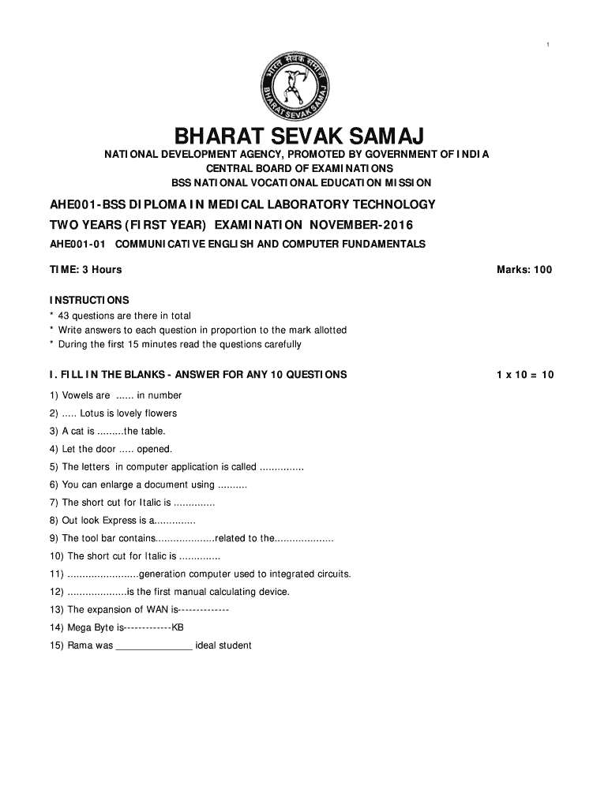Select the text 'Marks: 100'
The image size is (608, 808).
524,270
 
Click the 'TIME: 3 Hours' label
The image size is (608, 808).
85,270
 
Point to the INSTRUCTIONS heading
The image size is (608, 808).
89,301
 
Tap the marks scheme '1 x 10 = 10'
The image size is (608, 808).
525,375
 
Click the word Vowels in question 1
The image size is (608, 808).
77,396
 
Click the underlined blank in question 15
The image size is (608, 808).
154,646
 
